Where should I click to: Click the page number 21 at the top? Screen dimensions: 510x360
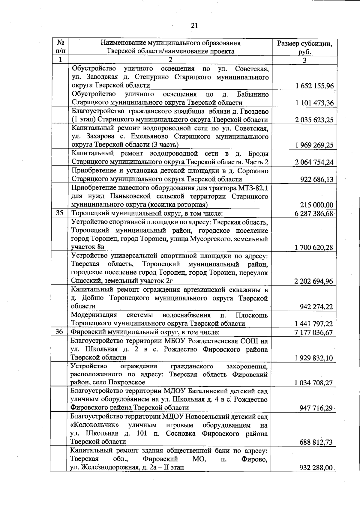coord(194,26)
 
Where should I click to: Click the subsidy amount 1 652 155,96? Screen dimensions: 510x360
coord(314,86)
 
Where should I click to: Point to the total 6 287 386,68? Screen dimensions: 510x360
coord(314,214)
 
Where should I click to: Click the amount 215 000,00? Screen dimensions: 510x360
coord(316,205)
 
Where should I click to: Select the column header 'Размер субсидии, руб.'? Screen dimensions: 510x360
coord(304,47)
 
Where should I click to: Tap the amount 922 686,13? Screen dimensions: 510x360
coord(316,180)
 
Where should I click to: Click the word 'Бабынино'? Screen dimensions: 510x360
coord(253,94)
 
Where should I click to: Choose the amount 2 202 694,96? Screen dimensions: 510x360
coord(314,281)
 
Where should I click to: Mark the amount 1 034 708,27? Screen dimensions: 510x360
coord(314,383)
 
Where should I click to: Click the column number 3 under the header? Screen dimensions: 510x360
coord(304,60)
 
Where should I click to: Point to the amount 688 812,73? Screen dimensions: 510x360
coord(316,442)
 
